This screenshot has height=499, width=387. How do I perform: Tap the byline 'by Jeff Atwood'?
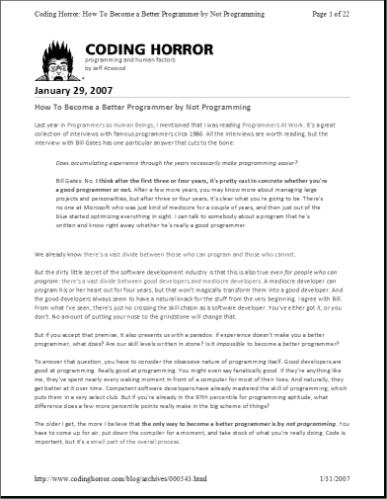[106, 68]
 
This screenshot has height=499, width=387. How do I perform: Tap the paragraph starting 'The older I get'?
[193, 448]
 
